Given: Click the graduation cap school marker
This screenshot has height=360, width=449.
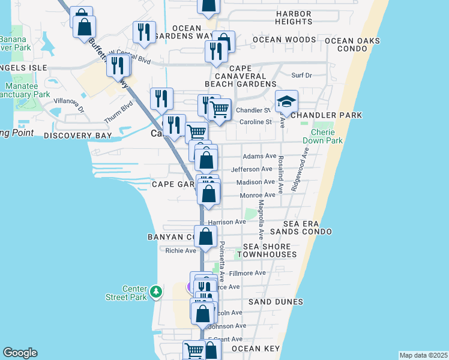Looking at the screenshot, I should (287, 101).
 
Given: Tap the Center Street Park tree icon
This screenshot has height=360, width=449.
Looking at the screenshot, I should (156, 292).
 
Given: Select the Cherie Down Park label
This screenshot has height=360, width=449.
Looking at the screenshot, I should (327, 136).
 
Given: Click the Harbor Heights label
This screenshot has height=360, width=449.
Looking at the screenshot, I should (294, 17).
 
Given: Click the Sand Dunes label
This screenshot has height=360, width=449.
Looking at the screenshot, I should (276, 302).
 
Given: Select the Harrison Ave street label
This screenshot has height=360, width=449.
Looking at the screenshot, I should (227, 222).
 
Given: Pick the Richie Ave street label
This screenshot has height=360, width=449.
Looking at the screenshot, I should (181, 251).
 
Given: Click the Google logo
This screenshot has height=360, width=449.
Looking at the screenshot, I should (20, 353).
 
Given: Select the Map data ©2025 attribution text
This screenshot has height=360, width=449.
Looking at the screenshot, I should (423, 355).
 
